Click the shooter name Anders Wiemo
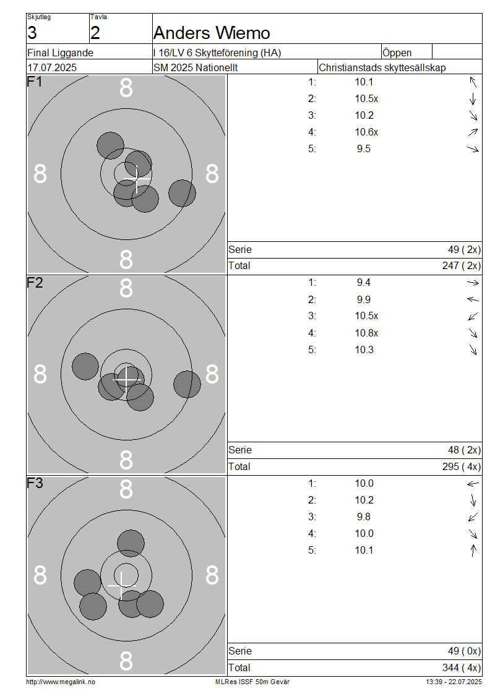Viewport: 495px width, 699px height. tap(212, 33)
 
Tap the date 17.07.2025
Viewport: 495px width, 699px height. tap(52, 68)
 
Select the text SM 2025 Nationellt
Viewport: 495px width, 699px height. tap(196, 68)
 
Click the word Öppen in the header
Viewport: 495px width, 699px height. tap(397, 53)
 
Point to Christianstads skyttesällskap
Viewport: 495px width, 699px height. tap(382, 68)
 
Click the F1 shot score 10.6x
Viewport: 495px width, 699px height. tap(366, 132)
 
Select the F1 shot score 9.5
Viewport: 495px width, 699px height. tap(363, 149)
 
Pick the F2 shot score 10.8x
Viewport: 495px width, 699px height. tap(366, 333)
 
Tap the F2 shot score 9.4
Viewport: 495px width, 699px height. tap(363, 283)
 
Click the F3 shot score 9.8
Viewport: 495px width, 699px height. tap(363, 517)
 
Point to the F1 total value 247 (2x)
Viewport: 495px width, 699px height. tap(462, 266)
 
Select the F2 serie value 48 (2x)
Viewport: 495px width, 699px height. tap(464, 450)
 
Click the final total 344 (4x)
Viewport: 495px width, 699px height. tap(462, 668)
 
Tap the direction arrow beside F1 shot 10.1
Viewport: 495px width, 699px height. tap(473, 82)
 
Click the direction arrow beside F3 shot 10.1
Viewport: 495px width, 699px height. tap(473, 550)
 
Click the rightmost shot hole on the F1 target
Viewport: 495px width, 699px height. tap(182, 193)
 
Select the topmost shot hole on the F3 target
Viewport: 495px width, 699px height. tap(131, 543)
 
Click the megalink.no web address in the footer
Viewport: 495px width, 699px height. tap(61, 682)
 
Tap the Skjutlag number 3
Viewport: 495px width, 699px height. tap(32, 33)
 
